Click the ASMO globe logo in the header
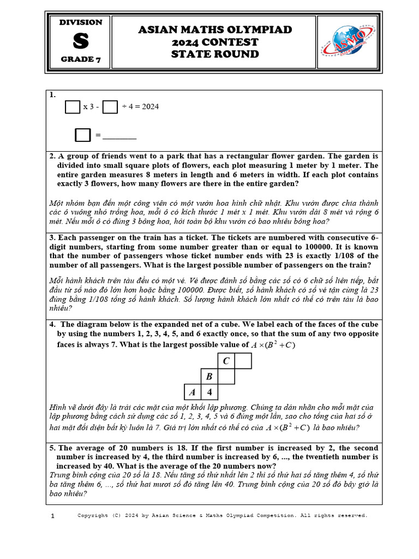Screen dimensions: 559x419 tap(347, 42)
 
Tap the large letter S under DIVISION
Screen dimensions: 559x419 tap(80, 41)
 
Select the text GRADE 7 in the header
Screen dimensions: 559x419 tap(80, 60)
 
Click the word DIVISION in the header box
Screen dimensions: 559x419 tap(80, 22)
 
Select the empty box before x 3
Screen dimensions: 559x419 tap(72, 106)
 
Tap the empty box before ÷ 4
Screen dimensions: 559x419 tap(110, 106)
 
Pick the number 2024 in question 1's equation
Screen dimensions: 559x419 tap(150, 106)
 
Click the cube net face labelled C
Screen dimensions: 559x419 tap(226, 361)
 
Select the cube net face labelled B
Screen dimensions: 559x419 tap(209, 377)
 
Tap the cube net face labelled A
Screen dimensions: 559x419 tap(192, 393)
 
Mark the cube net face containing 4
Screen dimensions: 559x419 tap(209, 393)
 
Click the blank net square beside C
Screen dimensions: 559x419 tap(243, 361)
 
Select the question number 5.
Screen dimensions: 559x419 tap(52, 448)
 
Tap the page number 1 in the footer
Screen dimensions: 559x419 tap(52, 516)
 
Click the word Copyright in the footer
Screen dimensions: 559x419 tap(93, 515)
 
